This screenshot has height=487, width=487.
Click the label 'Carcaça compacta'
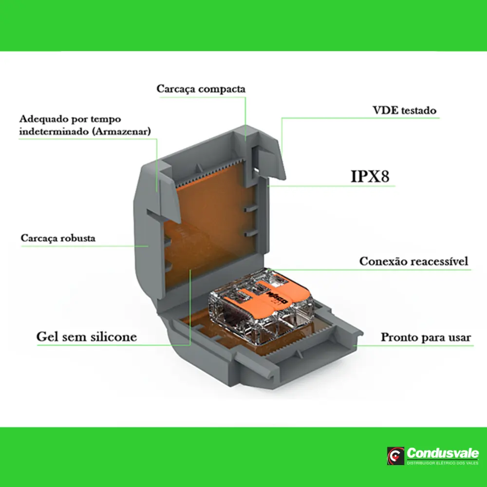click(x=201, y=90)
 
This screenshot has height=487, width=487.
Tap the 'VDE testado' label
click(x=401, y=111)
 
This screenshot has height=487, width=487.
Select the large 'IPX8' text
click(x=370, y=176)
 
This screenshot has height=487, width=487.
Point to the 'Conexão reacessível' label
click(x=414, y=262)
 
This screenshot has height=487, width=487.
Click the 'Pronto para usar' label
click(x=426, y=337)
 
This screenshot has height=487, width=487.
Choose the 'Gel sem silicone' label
click(x=86, y=337)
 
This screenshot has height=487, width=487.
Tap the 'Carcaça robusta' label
click(x=58, y=239)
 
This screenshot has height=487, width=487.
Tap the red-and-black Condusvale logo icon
click(x=395, y=456)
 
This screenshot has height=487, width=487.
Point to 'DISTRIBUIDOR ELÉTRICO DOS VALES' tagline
click(x=442, y=463)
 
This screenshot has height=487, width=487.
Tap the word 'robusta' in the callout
click(x=78, y=239)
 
